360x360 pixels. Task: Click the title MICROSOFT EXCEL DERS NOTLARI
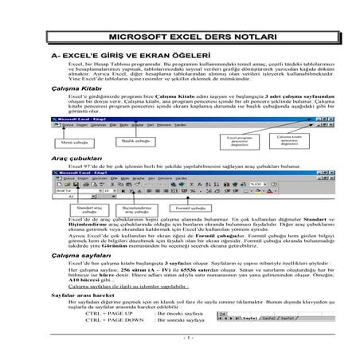pyautogui.click(x=180, y=37)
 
